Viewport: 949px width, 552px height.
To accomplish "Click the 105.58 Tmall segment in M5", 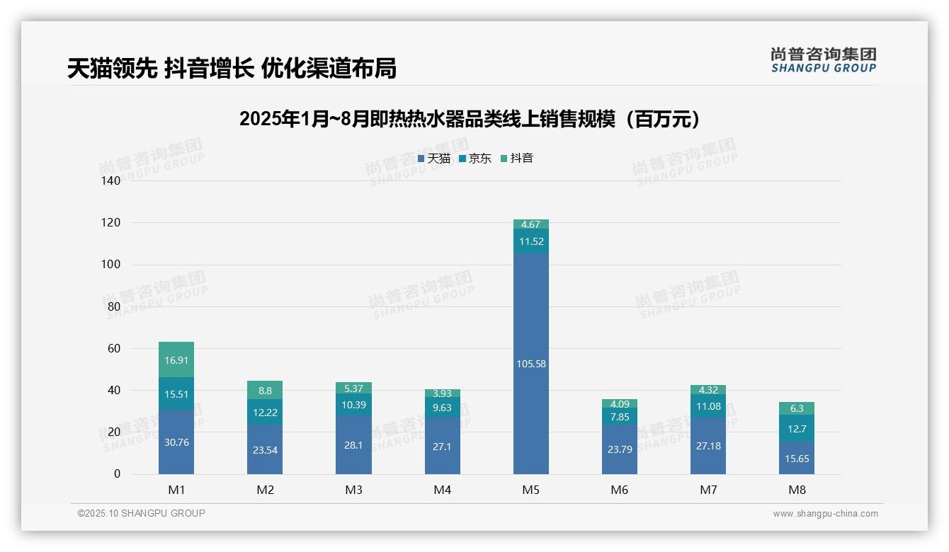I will tap(530, 364).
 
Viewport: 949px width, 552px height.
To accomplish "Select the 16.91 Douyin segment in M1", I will tap(176, 360).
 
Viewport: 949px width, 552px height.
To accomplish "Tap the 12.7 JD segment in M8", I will tap(796, 428).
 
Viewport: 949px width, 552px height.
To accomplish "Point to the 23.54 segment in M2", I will tap(265, 449).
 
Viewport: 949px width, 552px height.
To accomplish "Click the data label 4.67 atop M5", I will tap(530, 224).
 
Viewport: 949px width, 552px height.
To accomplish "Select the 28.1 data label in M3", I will tap(353, 445).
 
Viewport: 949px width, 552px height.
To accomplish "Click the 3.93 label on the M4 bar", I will tap(442, 393).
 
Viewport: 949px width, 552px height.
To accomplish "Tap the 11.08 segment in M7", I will tap(708, 406).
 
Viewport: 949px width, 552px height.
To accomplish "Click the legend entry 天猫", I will tap(433, 159).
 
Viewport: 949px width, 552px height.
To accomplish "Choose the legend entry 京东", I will tap(474, 159).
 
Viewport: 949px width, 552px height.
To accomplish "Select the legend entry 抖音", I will tap(516, 159).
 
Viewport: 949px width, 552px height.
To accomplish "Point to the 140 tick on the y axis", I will tap(111, 180).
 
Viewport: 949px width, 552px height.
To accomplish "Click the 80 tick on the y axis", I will tap(114, 306).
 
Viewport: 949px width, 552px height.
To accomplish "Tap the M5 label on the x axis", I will tap(530, 490).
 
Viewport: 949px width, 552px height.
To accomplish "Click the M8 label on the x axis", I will tap(796, 490).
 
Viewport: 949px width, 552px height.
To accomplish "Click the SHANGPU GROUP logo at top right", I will tap(823, 60).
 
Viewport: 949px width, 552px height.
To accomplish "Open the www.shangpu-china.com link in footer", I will tap(825, 514).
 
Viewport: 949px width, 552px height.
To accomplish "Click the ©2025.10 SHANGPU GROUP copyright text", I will tap(142, 513).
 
